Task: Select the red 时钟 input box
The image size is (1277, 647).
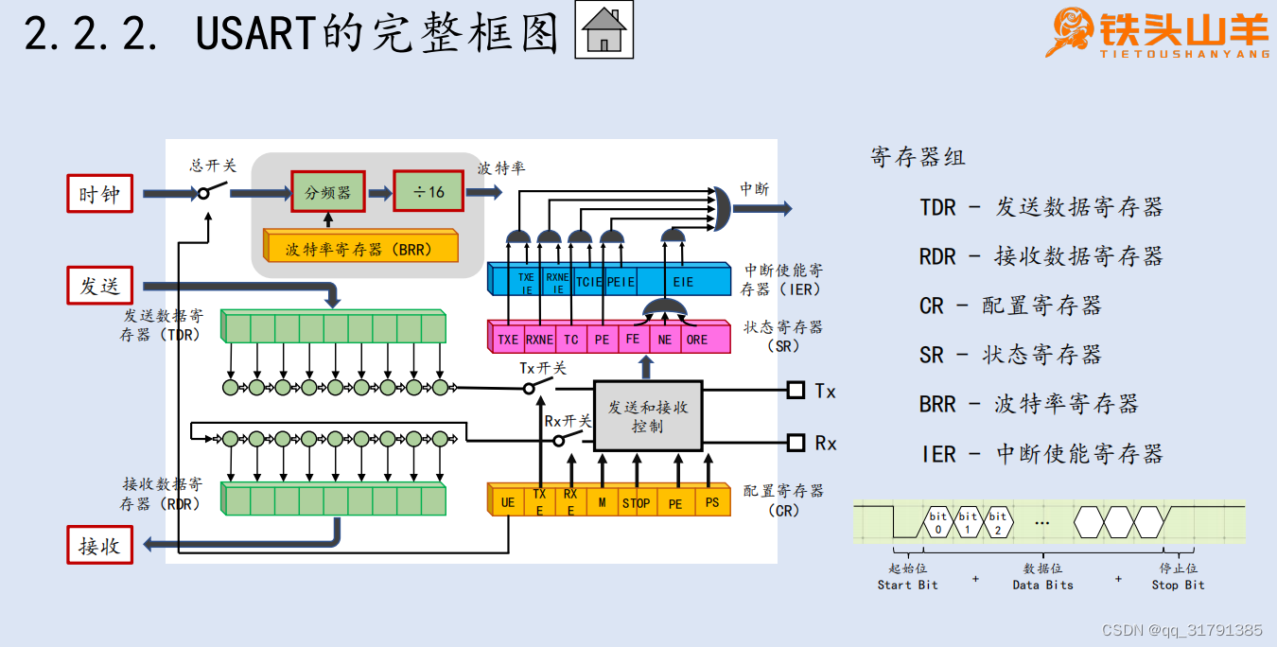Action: [99, 194]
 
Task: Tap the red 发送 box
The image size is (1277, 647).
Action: [99, 286]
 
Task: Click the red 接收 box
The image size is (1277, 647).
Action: [99, 545]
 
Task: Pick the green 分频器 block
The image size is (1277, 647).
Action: [327, 192]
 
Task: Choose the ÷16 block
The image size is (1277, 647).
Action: [429, 192]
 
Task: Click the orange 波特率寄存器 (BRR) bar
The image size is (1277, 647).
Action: [359, 250]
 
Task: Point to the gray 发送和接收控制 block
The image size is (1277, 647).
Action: [648, 416]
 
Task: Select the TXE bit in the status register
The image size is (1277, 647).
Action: [509, 339]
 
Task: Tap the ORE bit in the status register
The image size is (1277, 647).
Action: [697, 339]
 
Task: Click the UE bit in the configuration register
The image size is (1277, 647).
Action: [508, 502]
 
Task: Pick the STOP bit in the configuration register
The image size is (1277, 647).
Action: [636, 502]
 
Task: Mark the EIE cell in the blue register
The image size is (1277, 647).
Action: [683, 282]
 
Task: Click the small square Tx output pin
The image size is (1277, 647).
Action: [796, 390]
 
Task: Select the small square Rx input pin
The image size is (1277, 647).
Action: [796, 442]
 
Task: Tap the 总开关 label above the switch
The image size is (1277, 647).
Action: [213, 166]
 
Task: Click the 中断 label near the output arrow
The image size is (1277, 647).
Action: [754, 188]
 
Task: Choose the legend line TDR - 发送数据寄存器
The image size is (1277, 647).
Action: [1041, 207]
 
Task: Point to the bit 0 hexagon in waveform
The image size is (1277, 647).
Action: [937, 522]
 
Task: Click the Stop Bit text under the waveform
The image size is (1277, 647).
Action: [1178, 585]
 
